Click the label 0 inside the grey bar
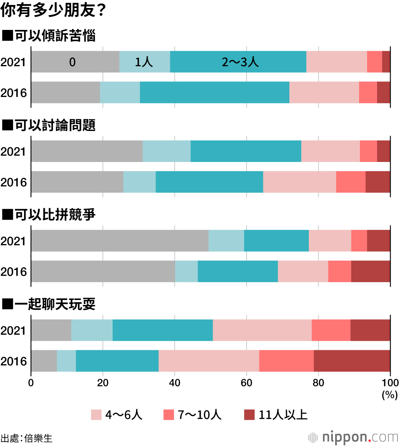click(72, 62)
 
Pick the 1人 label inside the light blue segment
click(144, 62)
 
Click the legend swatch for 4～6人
click(96, 415)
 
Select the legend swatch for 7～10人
click(168, 415)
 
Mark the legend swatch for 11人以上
click(249, 415)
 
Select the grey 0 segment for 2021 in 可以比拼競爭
click(120, 241)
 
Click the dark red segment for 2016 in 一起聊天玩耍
click(352, 361)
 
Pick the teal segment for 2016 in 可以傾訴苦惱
click(214, 92)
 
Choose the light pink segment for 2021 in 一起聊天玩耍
click(262, 330)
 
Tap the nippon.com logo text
click(359, 436)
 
